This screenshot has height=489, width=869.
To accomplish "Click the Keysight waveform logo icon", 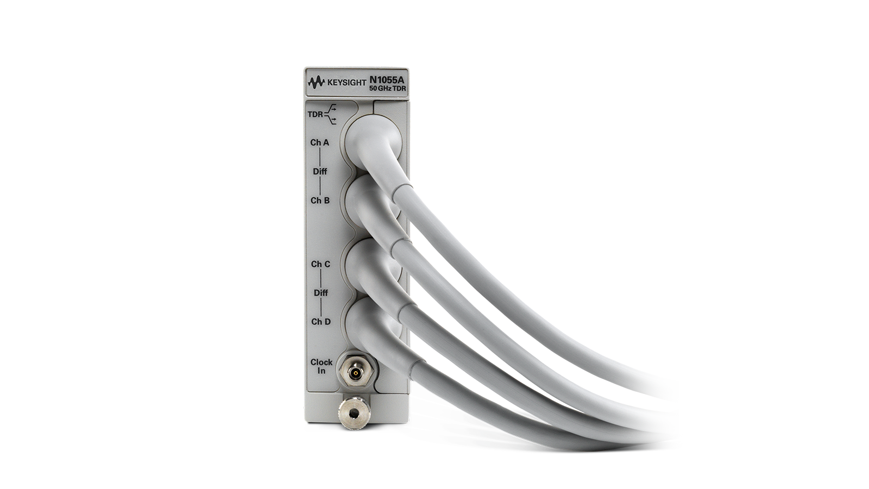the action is pyautogui.click(x=316, y=82).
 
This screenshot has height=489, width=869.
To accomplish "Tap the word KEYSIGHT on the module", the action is pyautogui.click(x=347, y=83).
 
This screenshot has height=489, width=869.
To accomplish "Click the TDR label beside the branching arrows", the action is pyautogui.click(x=315, y=115).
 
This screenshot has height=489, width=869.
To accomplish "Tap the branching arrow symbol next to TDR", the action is pyautogui.click(x=331, y=115).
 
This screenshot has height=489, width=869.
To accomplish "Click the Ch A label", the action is pyautogui.click(x=320, y=142).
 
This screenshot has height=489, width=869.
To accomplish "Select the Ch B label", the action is pyautogui.click(x=320, y=200).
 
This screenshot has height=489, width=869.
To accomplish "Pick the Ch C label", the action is pyautogui.click(x=321, y=264).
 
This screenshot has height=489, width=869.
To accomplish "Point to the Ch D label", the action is pyautogui.click(x=321, y=322).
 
